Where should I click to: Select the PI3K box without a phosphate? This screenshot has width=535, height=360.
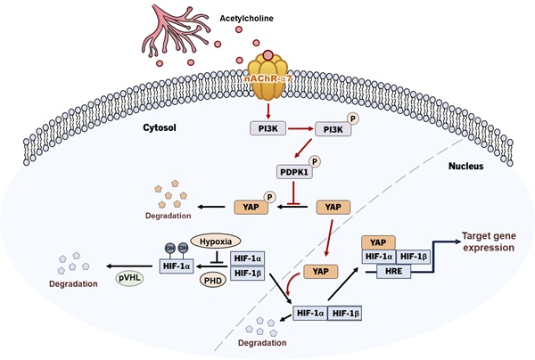click(x=266, y=130)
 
